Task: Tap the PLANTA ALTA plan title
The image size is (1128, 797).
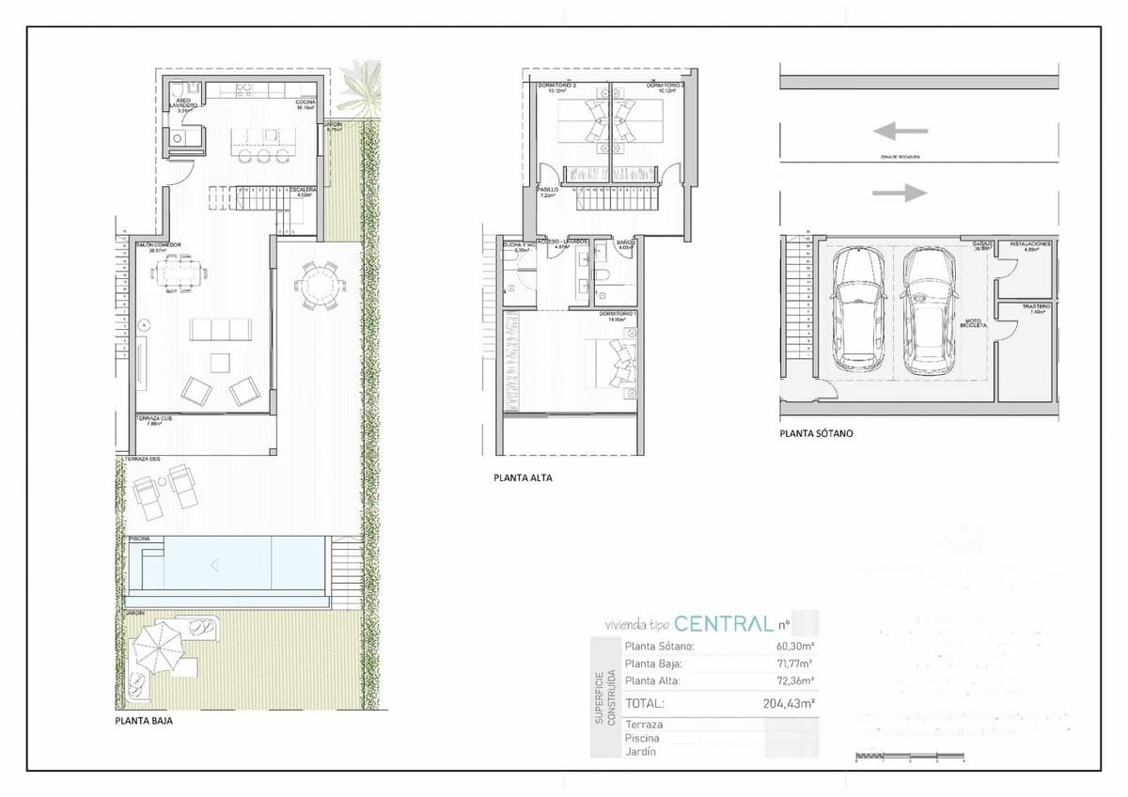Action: pyautogui.click(x=523, y=477)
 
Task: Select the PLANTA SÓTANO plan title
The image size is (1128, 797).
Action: pyautogui.click(x=816, y=435)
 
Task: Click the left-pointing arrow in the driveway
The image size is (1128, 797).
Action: pyautogui.click(x=900, y=132)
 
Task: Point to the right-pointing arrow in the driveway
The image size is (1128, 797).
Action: pyautogui.click(x=900, y=193)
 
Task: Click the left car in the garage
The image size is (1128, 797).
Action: pyautogui.click(x=856, y=307)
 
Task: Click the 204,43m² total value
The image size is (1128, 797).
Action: pyautogui.click(x=788, y=702)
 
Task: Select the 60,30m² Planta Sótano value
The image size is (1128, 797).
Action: pyautogui.click(x=794, y=647)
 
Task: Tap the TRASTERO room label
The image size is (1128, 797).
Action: pyautogui.click(x=1037, y=306)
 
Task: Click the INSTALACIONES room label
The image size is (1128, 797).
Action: pyautogui.click(x=1031, y=243)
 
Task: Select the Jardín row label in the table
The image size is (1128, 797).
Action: pyautogui.click(x=639, y=752)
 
